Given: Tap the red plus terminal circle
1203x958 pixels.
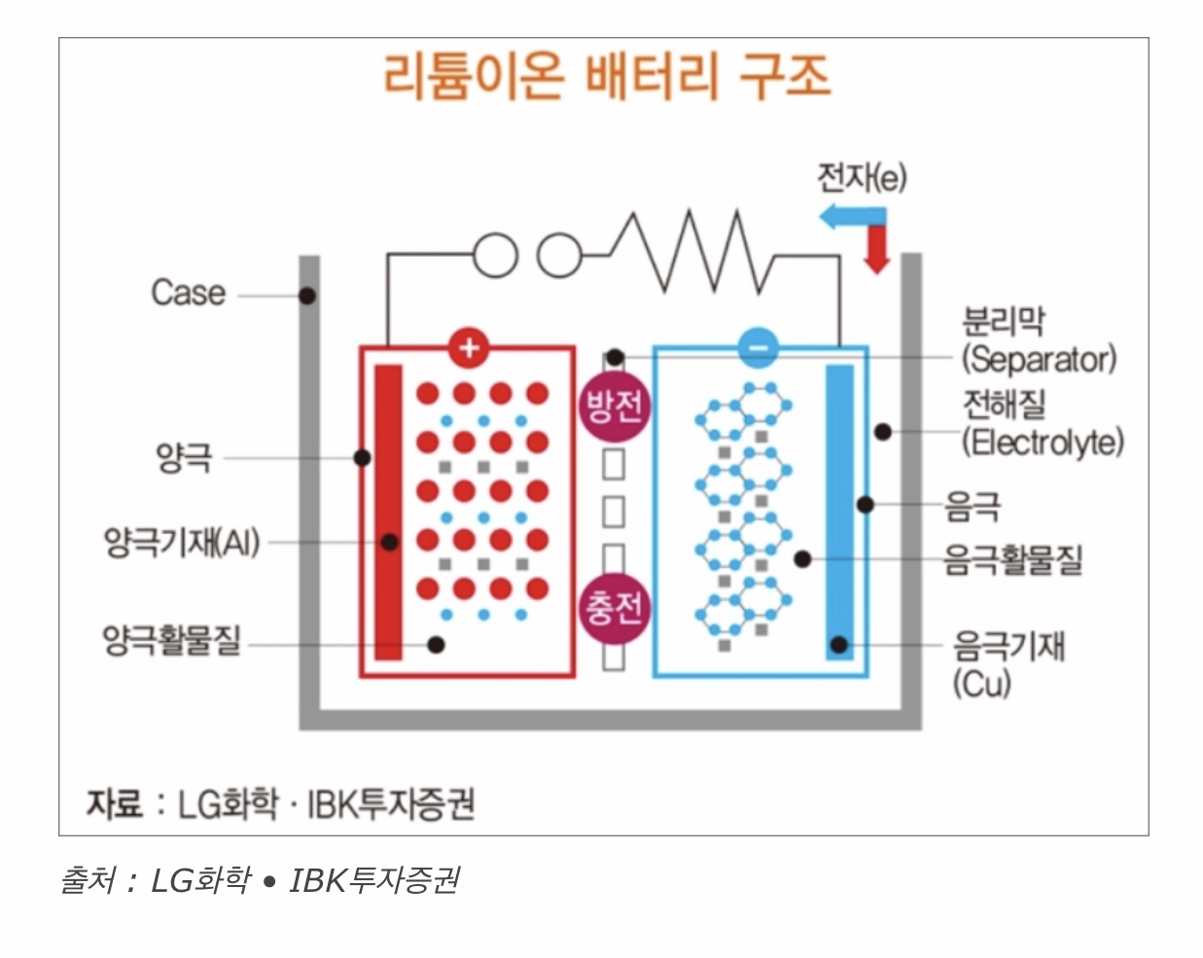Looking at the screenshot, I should tap(469, 347).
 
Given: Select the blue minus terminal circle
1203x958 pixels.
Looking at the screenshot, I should tap(758, 347).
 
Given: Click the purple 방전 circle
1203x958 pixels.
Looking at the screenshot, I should tap(613, 405).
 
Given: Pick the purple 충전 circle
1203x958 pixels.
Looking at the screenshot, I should tap(613, 609).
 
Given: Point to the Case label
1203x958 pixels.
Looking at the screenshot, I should tap(188, 293).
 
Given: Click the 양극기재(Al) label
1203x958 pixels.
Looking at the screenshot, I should tap(182, 542).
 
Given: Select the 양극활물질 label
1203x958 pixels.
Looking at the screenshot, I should tap(171, 641).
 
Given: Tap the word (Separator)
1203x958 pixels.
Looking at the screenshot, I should tap(1039, 359).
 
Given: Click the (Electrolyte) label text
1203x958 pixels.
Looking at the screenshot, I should tap(1043, 443).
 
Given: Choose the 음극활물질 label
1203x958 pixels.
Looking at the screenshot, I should tap(1012, 559).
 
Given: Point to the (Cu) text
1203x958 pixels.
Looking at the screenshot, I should tap(981, 684).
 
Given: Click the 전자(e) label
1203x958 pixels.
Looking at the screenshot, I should tap(861, 177).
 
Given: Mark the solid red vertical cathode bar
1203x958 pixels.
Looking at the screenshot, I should tap(388, 512).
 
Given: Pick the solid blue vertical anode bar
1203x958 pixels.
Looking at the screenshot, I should tap(839, 512).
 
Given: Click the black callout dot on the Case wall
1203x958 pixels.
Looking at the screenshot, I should tap(307, 295).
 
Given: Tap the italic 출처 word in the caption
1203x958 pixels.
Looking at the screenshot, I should tap(88, 880).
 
